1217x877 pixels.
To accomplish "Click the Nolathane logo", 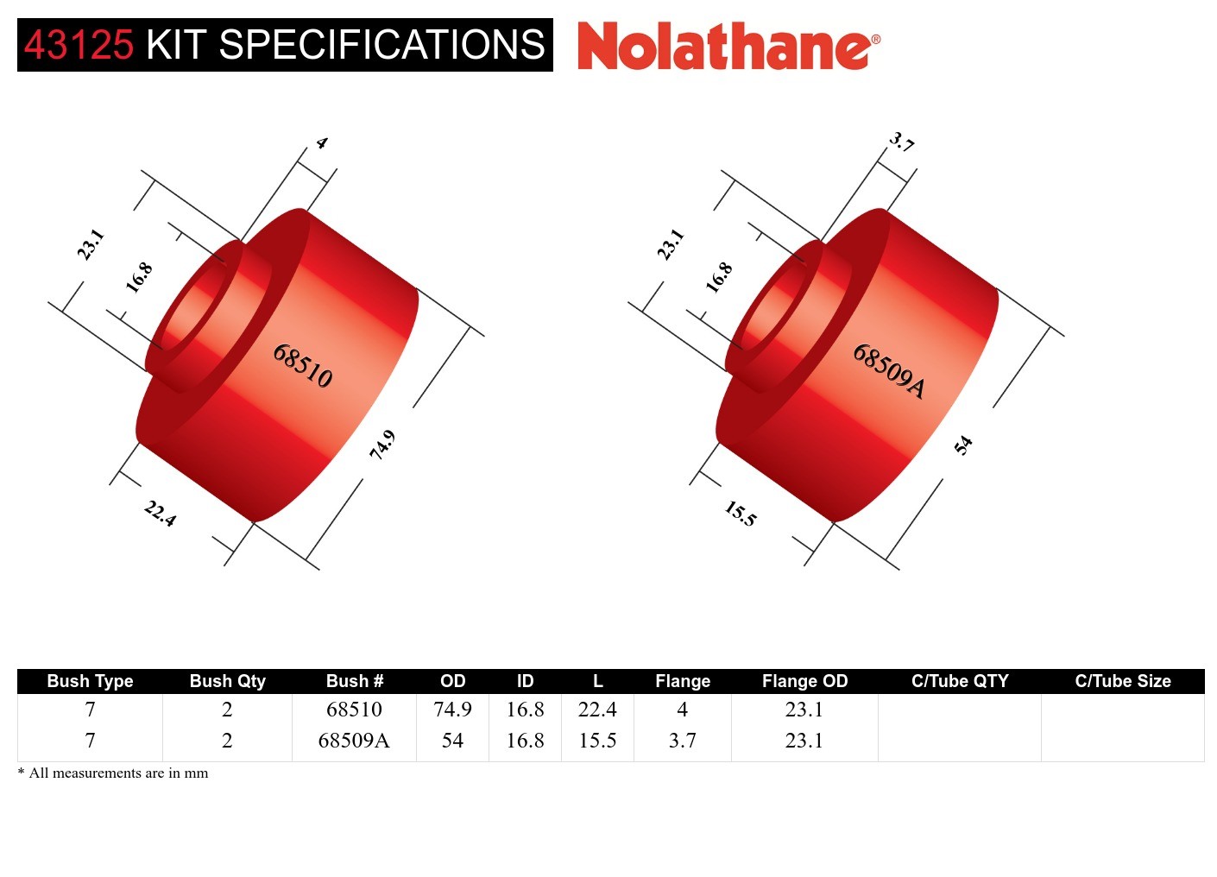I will tap(728, 47).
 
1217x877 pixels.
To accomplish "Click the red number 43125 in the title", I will tap(79, 45).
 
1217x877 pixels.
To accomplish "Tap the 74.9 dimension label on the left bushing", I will tap(382, 445).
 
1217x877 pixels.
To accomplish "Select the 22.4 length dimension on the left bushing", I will tap(160, 514).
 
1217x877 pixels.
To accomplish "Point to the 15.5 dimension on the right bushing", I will tap(740, 514).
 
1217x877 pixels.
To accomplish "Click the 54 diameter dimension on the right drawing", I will tap(963, 445).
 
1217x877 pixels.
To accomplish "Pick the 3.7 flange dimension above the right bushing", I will tap(902, 142).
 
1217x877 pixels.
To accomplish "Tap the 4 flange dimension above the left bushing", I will tap(322, 143).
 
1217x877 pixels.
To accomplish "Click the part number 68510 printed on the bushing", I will tap(302, 365).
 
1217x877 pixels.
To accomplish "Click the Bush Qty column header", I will tap(227, 681).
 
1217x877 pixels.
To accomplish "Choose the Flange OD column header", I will tap(804, 681).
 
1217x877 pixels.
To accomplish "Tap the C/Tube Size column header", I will tap(1122, 681).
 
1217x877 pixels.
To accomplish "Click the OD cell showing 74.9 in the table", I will tap(452, 710).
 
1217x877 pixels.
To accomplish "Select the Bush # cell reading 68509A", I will tap(354, 741).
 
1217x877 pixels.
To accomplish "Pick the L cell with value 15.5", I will tap(597, 741).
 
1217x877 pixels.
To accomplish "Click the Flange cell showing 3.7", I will tap(682, 741).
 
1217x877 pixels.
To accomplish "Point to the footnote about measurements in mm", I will tap(113, 773).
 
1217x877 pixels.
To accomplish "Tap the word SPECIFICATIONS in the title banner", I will tap(381, 45).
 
